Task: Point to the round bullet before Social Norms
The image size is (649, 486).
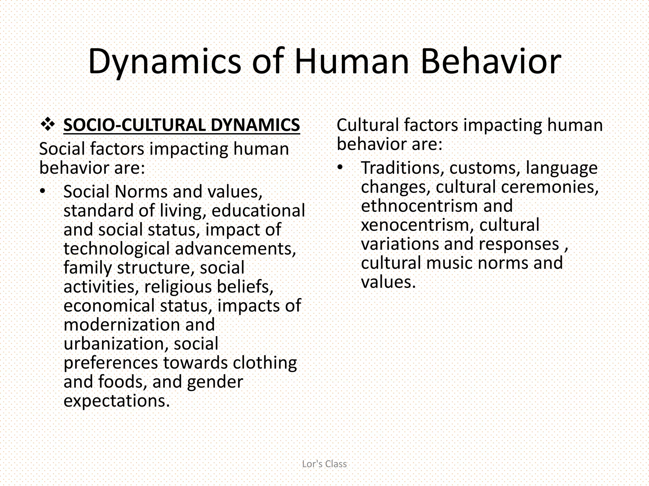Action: pos(43,191)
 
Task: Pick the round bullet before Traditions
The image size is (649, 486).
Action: pos(340,167)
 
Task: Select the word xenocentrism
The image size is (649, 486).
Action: pos(417,225)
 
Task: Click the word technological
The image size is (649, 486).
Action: pos(117,249)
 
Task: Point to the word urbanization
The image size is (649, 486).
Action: pos(116,344)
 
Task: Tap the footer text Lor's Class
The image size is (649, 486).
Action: pos(324,464)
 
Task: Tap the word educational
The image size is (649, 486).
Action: pos(258,211)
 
